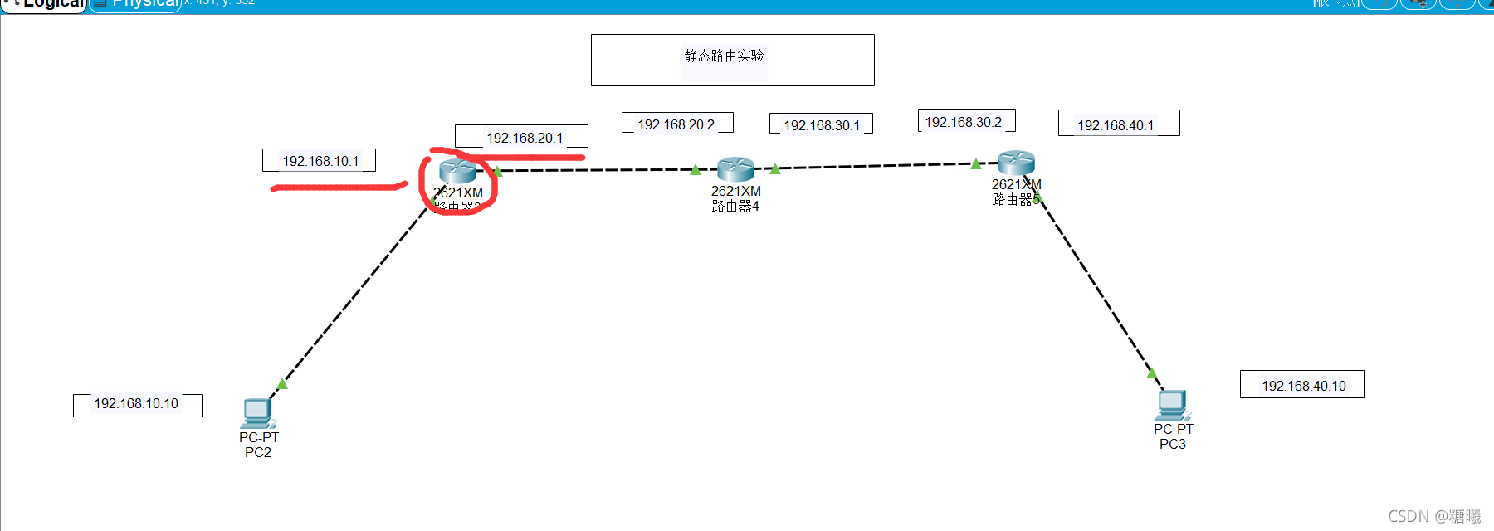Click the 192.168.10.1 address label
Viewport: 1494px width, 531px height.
[x=320, y=161]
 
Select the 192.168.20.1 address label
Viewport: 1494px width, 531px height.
[x=525, y=138]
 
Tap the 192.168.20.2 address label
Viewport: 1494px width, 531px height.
[x=676, y=124]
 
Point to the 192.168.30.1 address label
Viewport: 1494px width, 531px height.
[x=822, y=125]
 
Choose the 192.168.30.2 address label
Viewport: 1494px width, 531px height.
[x=964, y=122]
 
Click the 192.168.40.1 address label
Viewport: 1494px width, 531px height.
[x=1116, y=125]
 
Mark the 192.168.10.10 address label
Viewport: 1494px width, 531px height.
[x=136, y=403]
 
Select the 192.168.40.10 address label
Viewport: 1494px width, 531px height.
[x=1304, y=386]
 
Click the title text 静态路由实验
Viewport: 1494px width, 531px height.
[x=724, y=56]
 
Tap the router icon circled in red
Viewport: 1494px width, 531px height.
[x=457, y=171]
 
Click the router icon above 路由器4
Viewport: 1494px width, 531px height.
[x=735, y=169]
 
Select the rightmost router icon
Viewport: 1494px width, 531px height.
[x=1016, y=163]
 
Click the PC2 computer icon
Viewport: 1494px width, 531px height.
[x=258, y=413]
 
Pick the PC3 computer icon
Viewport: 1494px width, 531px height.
[x=1173, y=405]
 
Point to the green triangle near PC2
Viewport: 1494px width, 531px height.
[x=282, y=384]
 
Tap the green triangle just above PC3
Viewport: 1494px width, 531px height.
[x=1152, y=373]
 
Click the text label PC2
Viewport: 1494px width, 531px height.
[x=258, y=452]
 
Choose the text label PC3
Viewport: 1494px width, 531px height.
[x=1173, y=444]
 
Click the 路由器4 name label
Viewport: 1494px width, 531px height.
[x=735, y=206]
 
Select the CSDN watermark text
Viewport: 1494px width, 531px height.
[x=1434, y=516]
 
